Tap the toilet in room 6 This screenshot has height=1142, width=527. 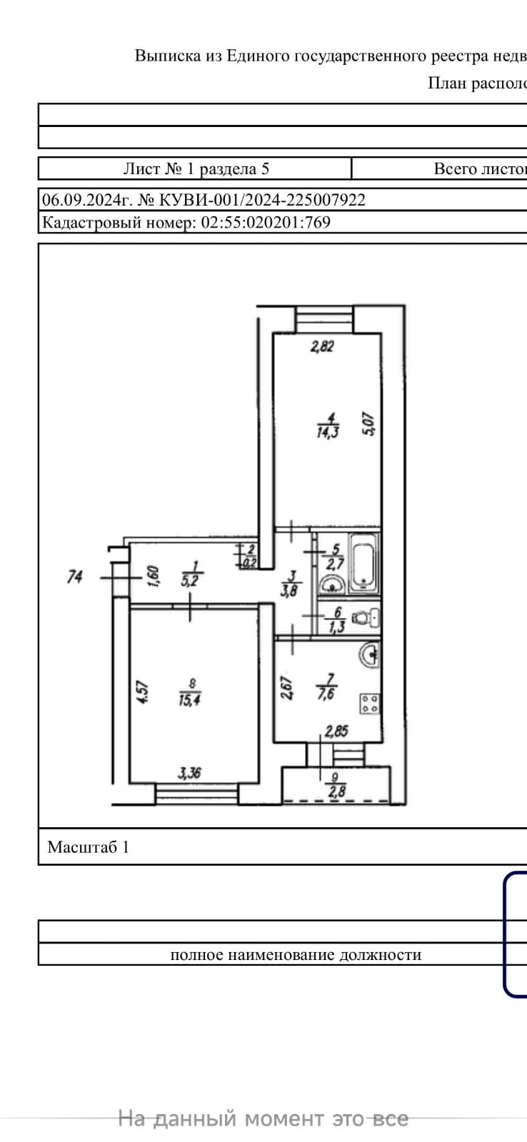tap(367, 617)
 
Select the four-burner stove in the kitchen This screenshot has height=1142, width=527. tap(370, 703)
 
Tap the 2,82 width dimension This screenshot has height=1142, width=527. tap(322, 347)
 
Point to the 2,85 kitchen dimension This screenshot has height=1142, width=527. tap(336, 730)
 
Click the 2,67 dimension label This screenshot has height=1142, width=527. tap(286, 688)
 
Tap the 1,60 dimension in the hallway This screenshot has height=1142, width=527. tap(153, 575)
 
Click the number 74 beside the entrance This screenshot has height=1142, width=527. tap(75, 576)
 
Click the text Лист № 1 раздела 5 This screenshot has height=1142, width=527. tap(196, 168)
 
